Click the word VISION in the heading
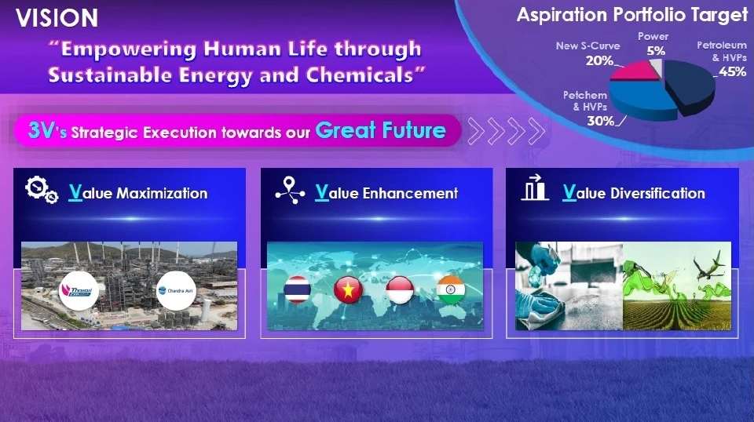click(x=57, y=18)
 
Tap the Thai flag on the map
click(x=297, y=289)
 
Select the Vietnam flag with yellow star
click(x=348, y=289)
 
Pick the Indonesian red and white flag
click(x=400, y=289)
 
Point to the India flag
click(x=451, y=289)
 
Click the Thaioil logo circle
click(x=79, y=290)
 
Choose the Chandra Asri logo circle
click(x=176, y=290)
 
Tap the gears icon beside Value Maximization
click(x=42, y=190)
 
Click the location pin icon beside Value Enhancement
click(x=290, y=190)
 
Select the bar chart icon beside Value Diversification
click(x=534, y=187)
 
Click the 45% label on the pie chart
click(x=732, y=71)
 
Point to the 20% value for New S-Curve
click(x=599, y=60)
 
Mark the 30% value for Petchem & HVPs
click(x=601, y=121)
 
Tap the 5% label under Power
click(x=656, y=50)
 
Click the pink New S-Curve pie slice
click(x=632, y=71)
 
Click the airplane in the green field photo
click(x=708, y=266)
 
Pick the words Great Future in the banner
click(x=380, y=130)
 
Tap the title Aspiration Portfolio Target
click(x=631, y=15)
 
